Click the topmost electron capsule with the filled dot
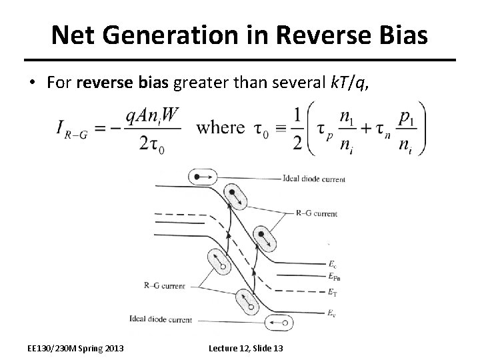pyautogui.click(x=199, y=177)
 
